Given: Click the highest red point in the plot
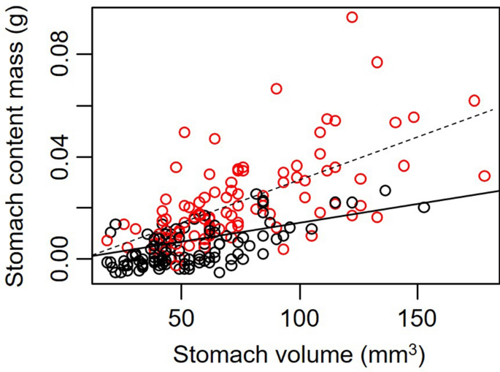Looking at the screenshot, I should click(x=352, y=17).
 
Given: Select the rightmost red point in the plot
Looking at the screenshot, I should click(x=484, y=175).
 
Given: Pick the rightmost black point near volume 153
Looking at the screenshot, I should click(x=423, y=207).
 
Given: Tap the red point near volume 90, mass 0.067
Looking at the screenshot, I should click(x=276, y=88).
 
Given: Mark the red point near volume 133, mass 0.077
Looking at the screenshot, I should click(x=377, y=62).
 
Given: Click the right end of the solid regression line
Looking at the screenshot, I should click(x=496, y=190).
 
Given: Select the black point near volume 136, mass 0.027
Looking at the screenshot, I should click(x=385, y=190).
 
